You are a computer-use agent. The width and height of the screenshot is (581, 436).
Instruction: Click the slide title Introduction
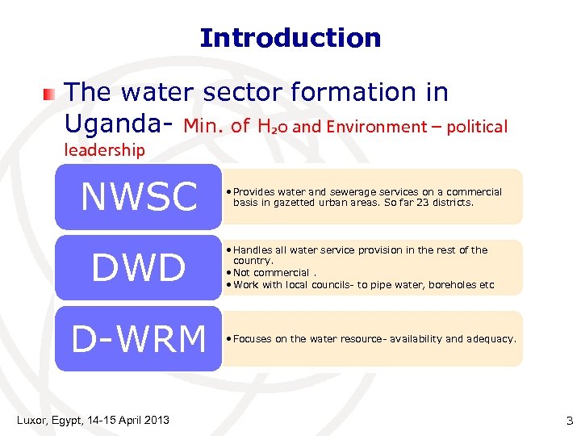pyautogui.click(x=290, y=38)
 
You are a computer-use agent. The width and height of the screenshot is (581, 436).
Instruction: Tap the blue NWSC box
pyautogui.click(x=138, y=197)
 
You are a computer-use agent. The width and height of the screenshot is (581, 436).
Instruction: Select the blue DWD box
pyautogui.click(x=138, y=267)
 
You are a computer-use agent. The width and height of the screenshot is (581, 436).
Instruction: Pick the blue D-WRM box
pyautogui.click(x=138, y=339)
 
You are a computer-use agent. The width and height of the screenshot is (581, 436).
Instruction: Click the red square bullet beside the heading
pyautogui.click(x=51, y=94)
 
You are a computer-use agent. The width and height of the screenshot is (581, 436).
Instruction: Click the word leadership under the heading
pyautogui.click(x=104, y=150)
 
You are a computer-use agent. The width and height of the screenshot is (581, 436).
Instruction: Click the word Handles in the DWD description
pyautogui.click(x=253, y=250)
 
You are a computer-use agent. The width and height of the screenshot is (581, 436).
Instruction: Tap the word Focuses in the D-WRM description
pyautogui.click(x=253, y=339)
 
